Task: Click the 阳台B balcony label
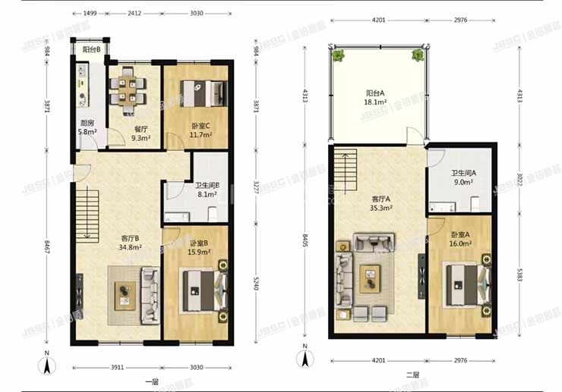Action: click(x=91, y=50)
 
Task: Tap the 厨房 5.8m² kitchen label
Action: click(x=87, y=127)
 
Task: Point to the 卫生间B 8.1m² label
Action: click(x=207, y=190)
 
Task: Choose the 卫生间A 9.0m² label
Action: click(x=463, y=177)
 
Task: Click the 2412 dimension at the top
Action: click(x=134, y=13)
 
